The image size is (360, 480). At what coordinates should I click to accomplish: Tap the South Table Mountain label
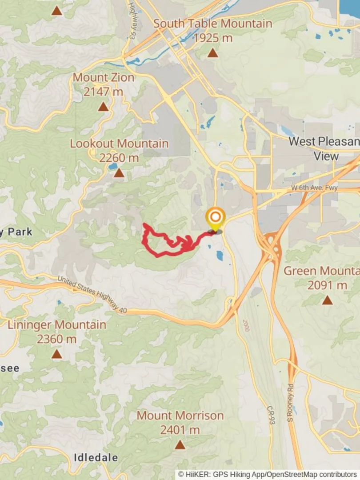pos(212,24)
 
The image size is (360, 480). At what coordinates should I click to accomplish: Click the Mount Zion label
pos(103,77)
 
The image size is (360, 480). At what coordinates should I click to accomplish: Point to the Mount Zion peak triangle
pos(103,107)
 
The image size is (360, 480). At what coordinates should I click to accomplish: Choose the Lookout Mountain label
pos(119,144)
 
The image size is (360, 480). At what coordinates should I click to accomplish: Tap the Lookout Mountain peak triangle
pos(119,172)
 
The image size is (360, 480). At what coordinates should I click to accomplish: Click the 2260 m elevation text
pos(119,158)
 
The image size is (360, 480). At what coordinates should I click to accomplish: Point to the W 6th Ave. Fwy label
pos(314,188)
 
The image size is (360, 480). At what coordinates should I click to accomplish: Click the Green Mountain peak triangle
pos(327,300)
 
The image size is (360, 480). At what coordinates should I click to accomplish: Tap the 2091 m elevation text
pos(327,285)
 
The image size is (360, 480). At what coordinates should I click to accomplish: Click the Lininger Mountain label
pos(56,325)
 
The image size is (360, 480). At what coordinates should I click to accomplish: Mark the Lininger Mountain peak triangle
pos(56,354)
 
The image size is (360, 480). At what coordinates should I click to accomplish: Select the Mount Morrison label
pos(180,416)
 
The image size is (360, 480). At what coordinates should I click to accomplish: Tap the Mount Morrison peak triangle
pos(180,444)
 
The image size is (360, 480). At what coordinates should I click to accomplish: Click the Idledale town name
pos(96,457)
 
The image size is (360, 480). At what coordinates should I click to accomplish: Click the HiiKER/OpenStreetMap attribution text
pos(268,475)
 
